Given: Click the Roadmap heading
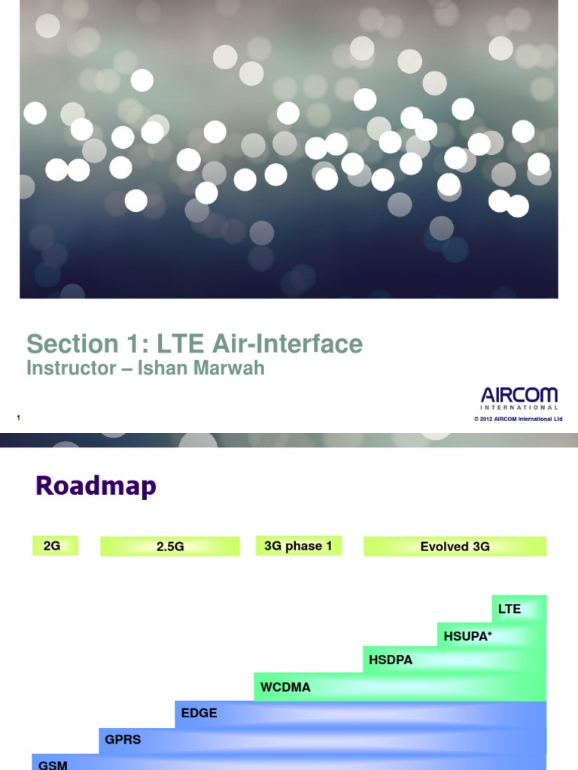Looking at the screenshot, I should click(96, 487).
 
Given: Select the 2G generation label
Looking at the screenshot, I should click(52, 546).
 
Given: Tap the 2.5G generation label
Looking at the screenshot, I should click(170, 547).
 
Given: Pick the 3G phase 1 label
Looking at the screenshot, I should click(299, 546).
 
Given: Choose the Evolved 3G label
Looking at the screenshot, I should click(455, 547).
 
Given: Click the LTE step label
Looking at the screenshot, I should click(510, 608).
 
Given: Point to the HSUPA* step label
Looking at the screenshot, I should click(468, 635).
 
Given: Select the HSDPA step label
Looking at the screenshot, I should click(391, 661).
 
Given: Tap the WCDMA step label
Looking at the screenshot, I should click(285, 687).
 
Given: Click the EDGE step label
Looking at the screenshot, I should click(199, 713).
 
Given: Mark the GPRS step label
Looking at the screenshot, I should click(123, 739).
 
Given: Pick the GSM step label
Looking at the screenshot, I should click(53, 765).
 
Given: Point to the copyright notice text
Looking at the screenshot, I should click(518, 419).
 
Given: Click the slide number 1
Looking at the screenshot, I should click(17, 418).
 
